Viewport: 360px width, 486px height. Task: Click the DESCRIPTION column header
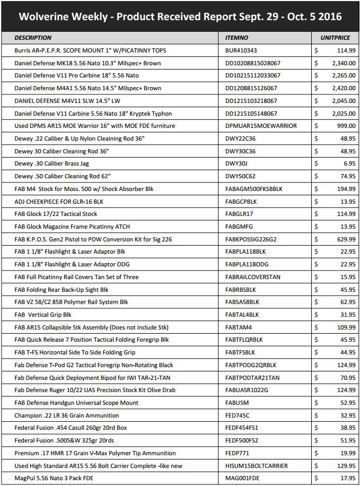33,38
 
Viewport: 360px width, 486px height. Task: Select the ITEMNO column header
237,38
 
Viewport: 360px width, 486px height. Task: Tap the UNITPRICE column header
336,38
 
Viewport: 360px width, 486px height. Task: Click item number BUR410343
241,50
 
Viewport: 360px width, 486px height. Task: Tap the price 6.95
349,163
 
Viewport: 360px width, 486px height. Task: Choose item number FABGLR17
240,214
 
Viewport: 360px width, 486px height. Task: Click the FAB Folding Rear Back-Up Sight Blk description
62,289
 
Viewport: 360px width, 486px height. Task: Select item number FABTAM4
239,327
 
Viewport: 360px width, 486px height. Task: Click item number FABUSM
237,403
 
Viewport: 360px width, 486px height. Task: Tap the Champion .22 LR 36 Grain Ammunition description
66,415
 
